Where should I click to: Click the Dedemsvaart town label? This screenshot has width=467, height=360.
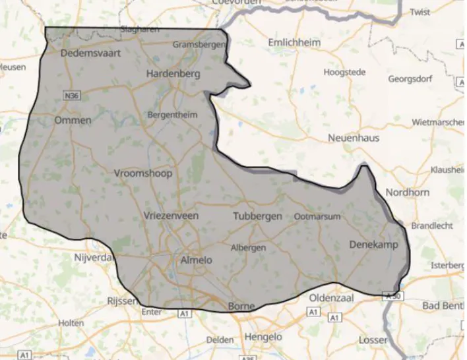coord(90,53)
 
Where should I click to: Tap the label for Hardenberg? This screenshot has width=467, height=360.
coord(173,74)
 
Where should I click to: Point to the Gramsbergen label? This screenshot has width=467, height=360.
coord(198,44)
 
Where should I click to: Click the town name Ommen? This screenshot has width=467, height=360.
coord(73,121)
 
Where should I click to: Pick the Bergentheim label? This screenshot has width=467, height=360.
coord(172,114)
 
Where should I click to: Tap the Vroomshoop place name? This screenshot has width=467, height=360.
coord(143,173)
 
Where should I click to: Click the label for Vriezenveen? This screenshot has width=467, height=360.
coord(171,216)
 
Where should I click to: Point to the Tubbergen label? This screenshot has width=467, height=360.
coord(257,216)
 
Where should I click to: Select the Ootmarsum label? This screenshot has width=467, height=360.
coord(317,216)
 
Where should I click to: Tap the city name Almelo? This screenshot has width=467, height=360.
coord(196,260)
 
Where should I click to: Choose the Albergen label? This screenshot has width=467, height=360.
coord(248,248)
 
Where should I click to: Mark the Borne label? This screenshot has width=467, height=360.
coord(241,307)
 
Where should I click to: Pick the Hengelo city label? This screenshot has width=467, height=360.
coord(263,337)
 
